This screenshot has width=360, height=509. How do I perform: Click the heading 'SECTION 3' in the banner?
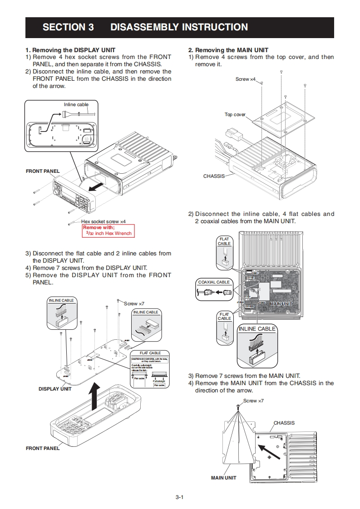[x=68, y=27]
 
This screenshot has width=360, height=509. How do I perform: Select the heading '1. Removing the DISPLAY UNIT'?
[x=70, y=50]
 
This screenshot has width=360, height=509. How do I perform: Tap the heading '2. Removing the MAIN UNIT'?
[x=228, y=50]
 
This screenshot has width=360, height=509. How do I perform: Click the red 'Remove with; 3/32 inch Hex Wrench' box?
[x=108, y=230]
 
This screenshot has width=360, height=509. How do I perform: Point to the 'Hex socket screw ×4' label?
[x=103, y=221]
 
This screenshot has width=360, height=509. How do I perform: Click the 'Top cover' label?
[x=235, y=114]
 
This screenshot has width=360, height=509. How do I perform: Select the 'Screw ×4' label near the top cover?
[x=246, y=79]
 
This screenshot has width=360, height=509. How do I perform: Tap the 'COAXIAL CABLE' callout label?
[x=214, y=282]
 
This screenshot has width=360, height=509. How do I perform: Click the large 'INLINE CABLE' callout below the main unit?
[x=257, y=329]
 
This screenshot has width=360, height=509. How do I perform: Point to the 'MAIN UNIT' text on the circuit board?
[x=281, y=303]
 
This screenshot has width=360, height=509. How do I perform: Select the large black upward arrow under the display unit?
[x=94, y=395]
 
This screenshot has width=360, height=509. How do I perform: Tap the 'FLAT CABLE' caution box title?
[x=150, y=353]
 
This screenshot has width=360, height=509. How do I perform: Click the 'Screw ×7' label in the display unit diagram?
[x=134, y=303]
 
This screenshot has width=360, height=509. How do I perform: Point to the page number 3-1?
[x=180, y=497]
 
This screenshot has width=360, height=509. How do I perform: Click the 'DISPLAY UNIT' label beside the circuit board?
[x=55, y=389]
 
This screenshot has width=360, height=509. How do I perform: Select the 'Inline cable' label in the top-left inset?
[x=76, y=105]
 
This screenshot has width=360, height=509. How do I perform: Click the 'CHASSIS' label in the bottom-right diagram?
[x=284, y=423]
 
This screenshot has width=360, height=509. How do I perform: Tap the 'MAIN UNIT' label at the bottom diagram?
[x=224, y=478]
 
